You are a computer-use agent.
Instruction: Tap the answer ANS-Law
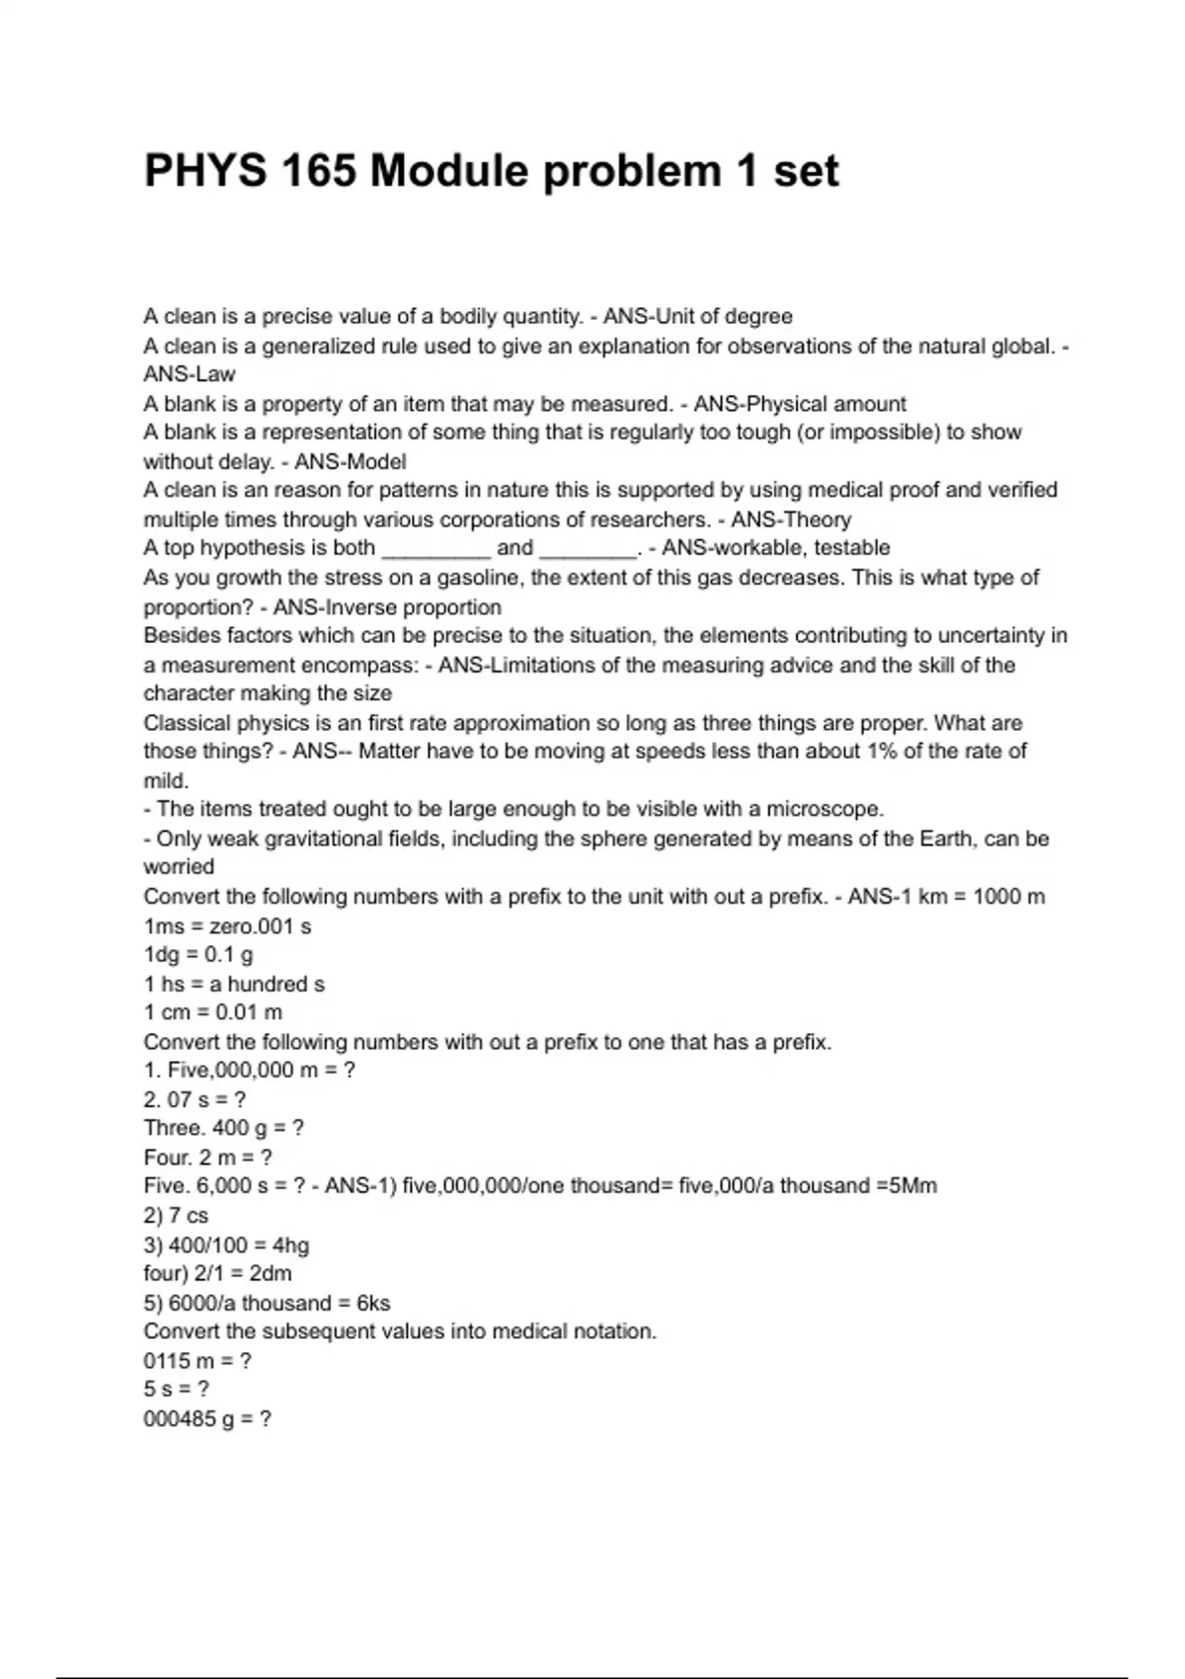pos(190,374)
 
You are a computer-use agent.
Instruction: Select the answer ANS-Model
pos(351,461)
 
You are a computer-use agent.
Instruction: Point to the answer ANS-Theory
pos(791,520)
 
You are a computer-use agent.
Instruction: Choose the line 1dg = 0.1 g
pos(198,955)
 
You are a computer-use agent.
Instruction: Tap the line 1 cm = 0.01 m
pos(213,1012)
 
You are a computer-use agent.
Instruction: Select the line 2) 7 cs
pos(176,1216)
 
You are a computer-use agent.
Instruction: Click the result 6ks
pos(373,1303)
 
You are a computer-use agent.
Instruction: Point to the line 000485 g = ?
pos(207,1419)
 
